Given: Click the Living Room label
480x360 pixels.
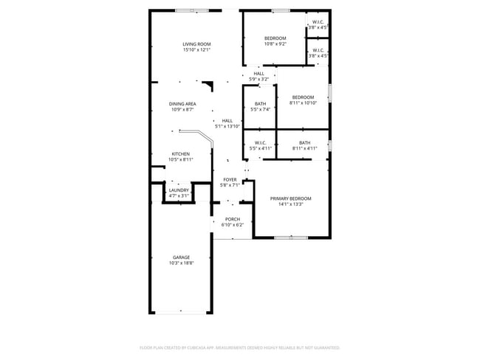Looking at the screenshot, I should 197,44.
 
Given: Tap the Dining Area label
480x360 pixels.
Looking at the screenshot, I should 183,104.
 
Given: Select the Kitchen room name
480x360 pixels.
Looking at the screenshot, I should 181,153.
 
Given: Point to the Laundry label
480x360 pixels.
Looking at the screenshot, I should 179,190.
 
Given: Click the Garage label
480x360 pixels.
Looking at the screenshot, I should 181,257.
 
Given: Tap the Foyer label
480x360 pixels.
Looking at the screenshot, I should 230,180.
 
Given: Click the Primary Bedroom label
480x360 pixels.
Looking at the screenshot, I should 290,198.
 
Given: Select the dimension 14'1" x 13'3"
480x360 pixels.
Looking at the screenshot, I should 290,204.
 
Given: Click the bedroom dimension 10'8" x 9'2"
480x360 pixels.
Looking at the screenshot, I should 275,44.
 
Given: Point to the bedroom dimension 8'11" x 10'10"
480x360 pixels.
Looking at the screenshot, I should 303,103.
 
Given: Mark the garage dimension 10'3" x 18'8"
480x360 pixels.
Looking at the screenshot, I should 181,263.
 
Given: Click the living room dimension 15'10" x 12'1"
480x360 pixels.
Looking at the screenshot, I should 197,50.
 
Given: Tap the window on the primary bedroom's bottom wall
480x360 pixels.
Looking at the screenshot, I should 291,238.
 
